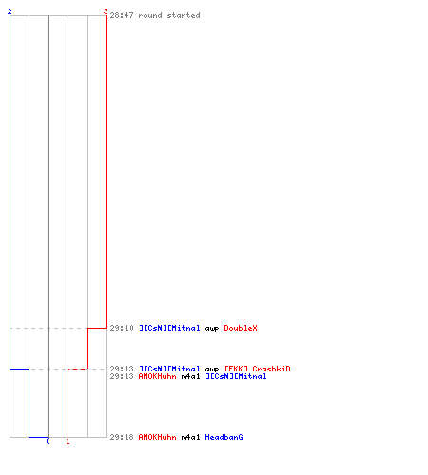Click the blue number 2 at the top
tap(10, 11)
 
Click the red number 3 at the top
tap(106, 11)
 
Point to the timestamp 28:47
tap(122, 15)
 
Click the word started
tap(184, 15)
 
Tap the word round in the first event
tap(150, 15)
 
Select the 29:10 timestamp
tap(122, 328)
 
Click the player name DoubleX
tap(241, 328)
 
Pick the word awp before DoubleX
tap(212, 329)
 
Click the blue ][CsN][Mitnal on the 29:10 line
tap(169, 328)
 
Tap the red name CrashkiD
tap(271, 369)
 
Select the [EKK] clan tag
tap(236, 369)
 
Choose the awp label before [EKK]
tap(212, 370)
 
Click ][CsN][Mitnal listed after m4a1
tap(236, 376)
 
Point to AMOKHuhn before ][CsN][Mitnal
tap(158, 376)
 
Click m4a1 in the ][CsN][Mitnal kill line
tap(191, 376)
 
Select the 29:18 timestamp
tap(122, 437)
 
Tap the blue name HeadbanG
tap(224, 437)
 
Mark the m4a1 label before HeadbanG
tap(191, 437)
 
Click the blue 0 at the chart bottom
tap(48, 441)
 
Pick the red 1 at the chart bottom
tap(68, 441)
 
